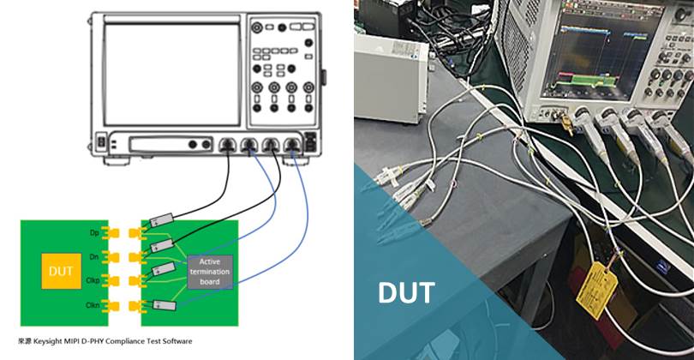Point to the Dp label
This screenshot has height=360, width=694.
point(95,232)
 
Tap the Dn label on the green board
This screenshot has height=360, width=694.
point(95,256)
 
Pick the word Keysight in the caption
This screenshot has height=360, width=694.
point(57,341)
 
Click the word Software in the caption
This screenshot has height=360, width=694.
point(175,341)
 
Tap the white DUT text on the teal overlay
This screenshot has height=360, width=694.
point(406,292)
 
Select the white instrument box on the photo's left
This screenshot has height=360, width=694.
point(390,78)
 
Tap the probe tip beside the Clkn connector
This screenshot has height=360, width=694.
point(162,305)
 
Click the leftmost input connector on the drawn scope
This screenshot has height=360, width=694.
point(227,146)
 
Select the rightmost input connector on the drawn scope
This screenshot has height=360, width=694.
point(293,146)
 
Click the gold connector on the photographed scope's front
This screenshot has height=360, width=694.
point(566,127)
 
